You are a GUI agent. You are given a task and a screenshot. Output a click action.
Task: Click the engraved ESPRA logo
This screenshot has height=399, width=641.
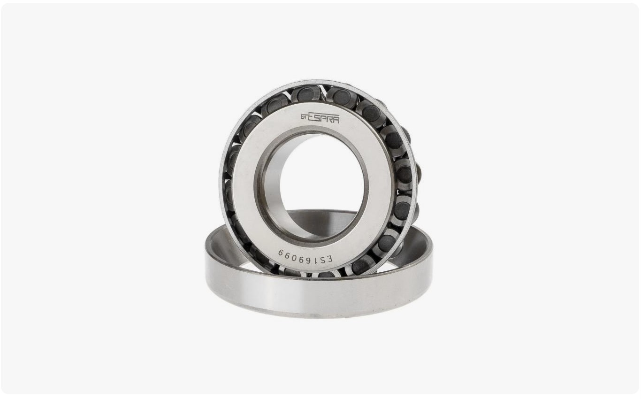[320, 118]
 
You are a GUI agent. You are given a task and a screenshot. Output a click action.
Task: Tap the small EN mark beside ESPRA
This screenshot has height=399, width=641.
[304, 116]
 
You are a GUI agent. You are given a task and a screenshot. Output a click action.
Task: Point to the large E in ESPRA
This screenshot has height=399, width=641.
[311, 117]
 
